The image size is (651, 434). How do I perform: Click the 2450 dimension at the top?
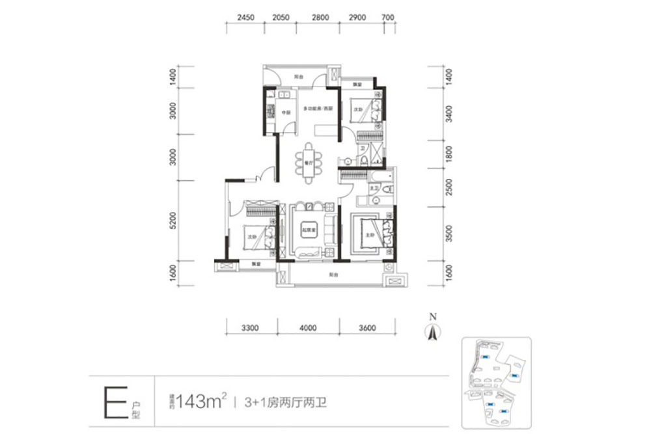[x=245, y=18]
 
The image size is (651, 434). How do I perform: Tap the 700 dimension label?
[x=388, y=18]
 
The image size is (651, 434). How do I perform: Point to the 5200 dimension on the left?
[x=173, y=222]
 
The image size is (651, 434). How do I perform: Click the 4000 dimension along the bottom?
[x=309, y=327]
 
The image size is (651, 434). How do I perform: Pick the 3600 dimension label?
[x=367, y=327]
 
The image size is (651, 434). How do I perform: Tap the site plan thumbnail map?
[x=496, y=383]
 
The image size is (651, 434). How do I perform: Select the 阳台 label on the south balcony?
[x=333, y=275]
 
